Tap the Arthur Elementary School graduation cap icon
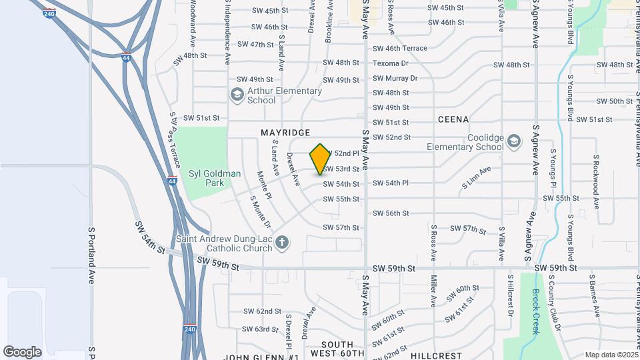coord(237,95)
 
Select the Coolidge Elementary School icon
coord(513,141)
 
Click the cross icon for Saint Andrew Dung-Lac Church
coord(282,242)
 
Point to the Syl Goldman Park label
coord(214,178)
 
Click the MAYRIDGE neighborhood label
coord(285,133)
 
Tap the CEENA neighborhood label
coord(453,119)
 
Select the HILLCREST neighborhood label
coord(436,356)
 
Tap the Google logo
coord(23,352)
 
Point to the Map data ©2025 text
coord(611,355)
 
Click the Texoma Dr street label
coord(391,63)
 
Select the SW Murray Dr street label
coord(395,78)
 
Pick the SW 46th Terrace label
coord(400,49)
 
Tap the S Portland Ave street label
coord(92,255)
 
